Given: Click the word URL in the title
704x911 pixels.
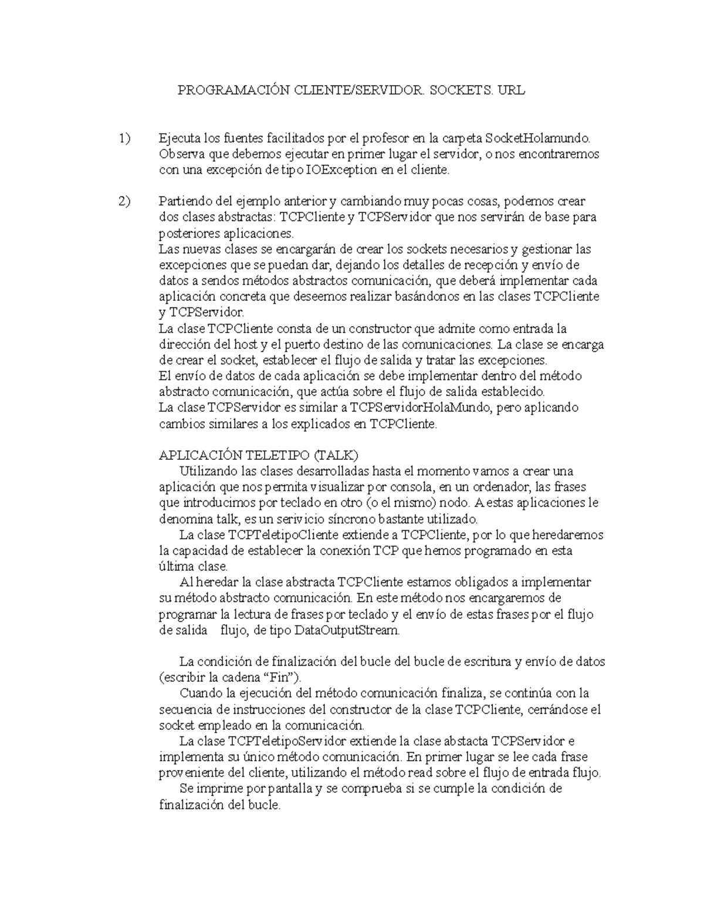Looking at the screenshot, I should tap(511, 90).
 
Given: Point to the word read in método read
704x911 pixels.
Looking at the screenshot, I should tap(448, 773).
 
